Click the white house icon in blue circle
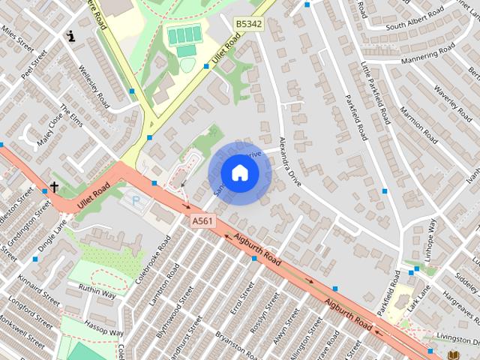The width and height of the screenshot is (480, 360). tap(239, 173)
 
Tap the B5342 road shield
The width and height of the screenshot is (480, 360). tap(248, 24)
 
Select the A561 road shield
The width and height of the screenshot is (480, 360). tap(202, 220)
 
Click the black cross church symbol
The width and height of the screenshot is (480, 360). tap(54, 186)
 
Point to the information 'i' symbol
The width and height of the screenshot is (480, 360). tap(71, 35)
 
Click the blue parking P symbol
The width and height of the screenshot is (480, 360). tap(136, 199)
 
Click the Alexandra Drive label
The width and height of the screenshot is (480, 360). tap(291, 163)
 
